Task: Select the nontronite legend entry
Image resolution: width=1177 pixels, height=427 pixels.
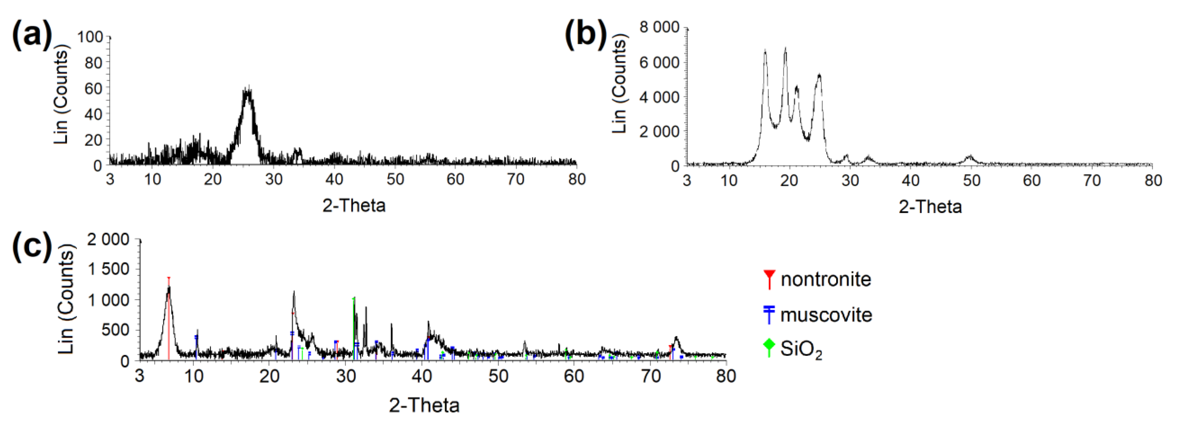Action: click(x=818, y=279)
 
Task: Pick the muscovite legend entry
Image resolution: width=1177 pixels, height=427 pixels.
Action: click(x=818, y=315)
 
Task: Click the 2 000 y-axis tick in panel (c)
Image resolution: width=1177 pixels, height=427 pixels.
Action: click(x=108, y=239)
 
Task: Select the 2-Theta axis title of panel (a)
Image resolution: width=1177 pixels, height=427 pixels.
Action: click(x=354, y=206)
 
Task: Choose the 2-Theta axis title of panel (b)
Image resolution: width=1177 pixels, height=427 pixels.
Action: click(x=930, y=207)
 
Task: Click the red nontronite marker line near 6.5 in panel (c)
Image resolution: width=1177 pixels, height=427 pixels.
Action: click(x=169, y=319)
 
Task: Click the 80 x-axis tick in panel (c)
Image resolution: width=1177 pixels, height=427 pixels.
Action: click(x=726, y=376)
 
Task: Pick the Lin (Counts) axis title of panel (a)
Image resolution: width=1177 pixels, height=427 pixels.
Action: click(x=61, y=95)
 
